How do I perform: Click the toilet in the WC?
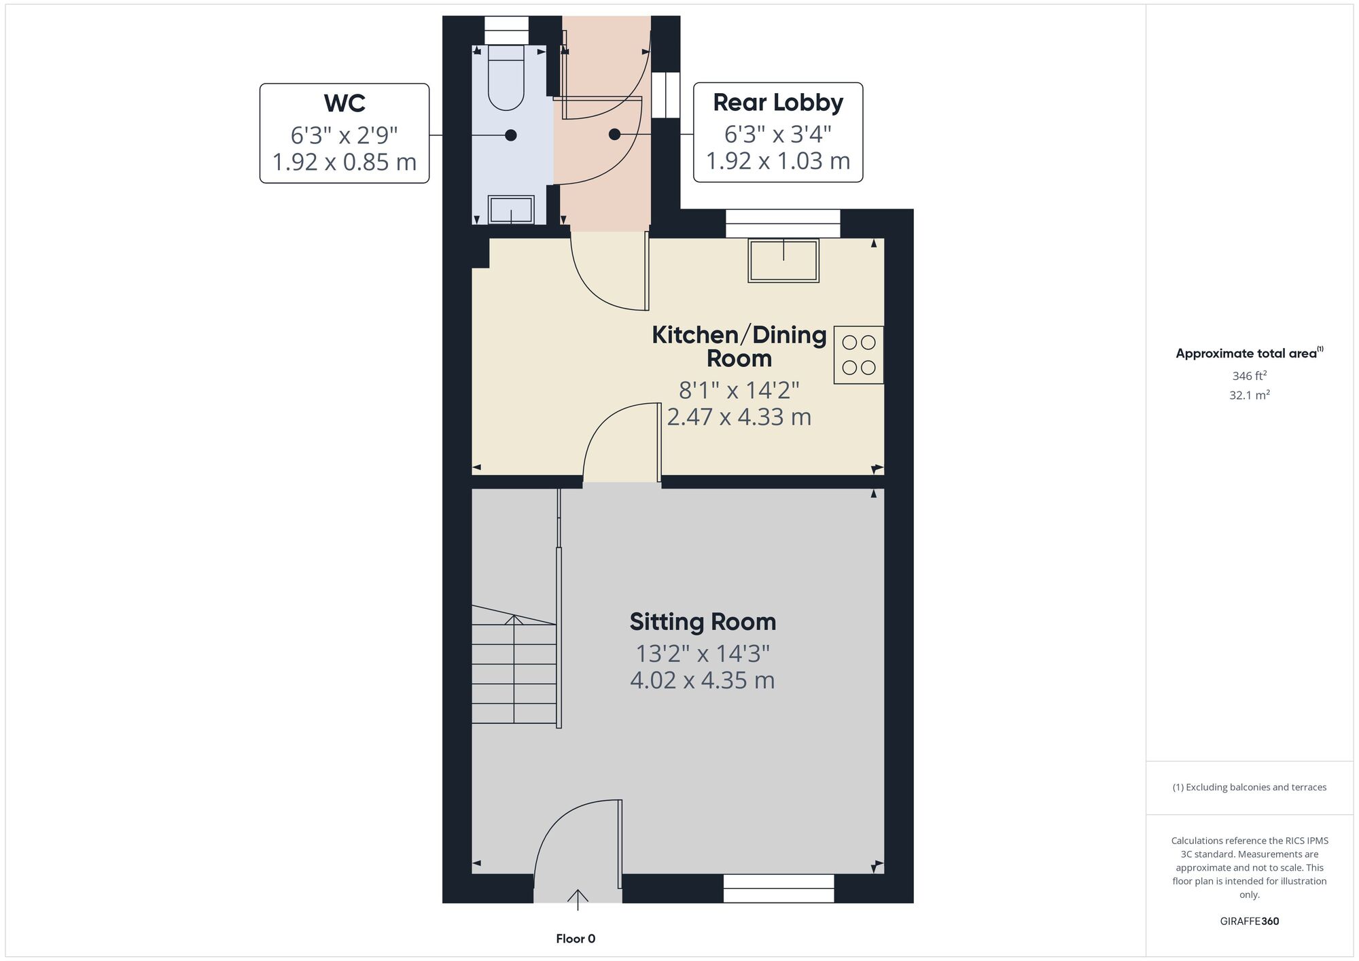pos(506,77)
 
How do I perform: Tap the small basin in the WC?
pos(511,209)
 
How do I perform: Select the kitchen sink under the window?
pos(783,260)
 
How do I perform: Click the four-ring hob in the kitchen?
pos(859,355)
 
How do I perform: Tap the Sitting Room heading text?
pos(703,622)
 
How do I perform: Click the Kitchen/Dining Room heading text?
pos(739,347)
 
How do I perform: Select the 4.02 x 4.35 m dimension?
pos(703,680)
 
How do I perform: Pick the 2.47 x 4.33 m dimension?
pos(739,417)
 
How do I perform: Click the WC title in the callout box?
pos(345,103)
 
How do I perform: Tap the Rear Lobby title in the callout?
pos(778,103)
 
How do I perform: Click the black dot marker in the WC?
pos(511,135)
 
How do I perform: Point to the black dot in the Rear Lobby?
pos(614,135)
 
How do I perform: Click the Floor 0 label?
pos(576,939)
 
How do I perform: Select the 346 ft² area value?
pos(1250,375)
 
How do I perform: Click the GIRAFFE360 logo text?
pos(1250,922)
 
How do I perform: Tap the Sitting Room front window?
pos(779,888)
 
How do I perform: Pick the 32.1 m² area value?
pos(1250,395)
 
